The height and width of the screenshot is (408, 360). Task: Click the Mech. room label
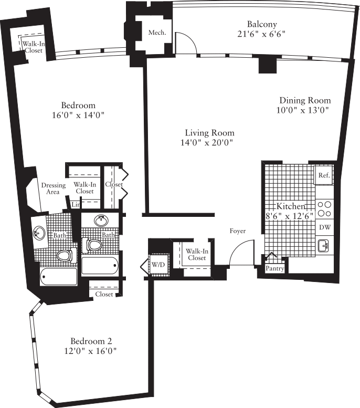click(x=157, y=33)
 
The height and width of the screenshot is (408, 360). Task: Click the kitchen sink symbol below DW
click(x=323, y=245)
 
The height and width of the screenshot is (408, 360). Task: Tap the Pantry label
click(x=275, y=269)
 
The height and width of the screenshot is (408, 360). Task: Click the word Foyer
click(x=238, y=231)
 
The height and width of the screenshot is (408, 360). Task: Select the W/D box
click(x=158, y=264)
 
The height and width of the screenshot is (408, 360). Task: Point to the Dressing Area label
click(x=53, y=189)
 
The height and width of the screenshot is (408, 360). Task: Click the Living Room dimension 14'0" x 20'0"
click(x=209, y=142)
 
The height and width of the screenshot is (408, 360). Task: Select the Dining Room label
click(x=304, y=100)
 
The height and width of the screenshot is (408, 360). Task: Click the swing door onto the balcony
click(x=186, y=44)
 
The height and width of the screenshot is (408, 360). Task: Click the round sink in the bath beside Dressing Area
click(x=39, y=233)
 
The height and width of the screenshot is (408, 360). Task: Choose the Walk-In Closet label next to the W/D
click(x=196, y=254)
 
